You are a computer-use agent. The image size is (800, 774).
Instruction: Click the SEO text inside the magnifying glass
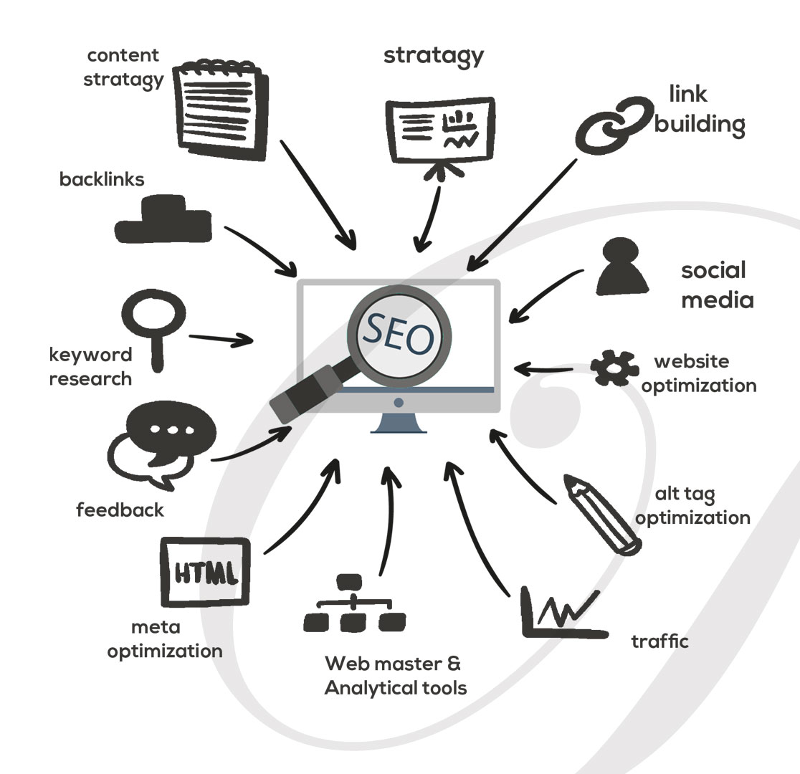399,333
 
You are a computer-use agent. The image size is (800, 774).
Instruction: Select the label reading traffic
659,640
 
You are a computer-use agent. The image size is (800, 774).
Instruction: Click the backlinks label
101,179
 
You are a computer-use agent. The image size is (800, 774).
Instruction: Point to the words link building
699,109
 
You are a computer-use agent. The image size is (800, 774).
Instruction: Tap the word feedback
120,510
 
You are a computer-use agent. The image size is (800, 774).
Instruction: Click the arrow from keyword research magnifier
222,339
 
